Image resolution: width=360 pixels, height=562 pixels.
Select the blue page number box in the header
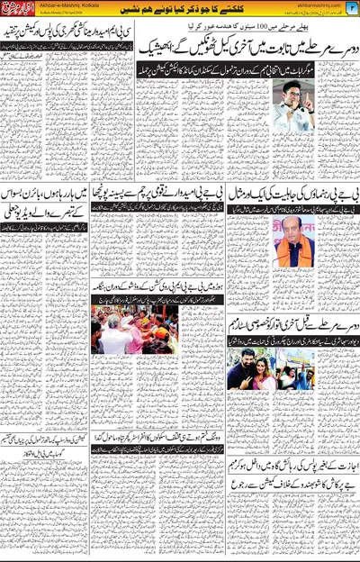[x=353, y=9]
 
